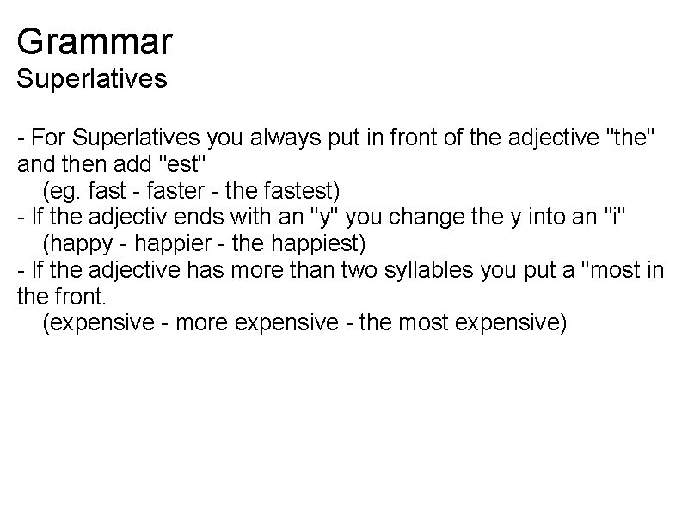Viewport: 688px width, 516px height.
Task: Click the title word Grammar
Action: [x=95, y=40]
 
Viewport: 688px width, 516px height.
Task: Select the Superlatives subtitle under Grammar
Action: [x=92, y=79]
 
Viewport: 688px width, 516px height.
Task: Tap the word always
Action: [x=303, y=137]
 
